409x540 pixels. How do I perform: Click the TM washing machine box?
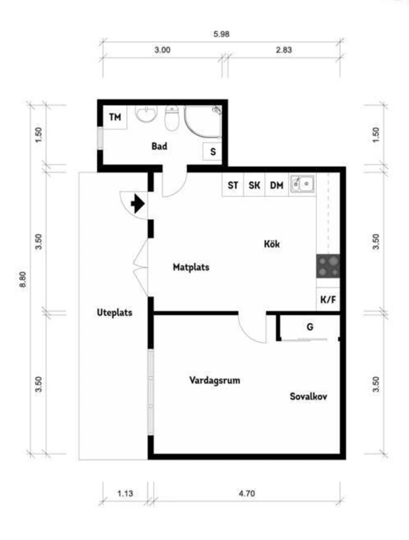(115, 117)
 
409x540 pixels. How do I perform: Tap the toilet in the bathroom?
(172, 118)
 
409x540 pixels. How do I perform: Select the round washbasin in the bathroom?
(146, 113)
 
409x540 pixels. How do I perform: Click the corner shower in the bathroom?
(203, 121)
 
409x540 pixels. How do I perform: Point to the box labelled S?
(212, 152)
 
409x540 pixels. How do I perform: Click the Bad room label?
(159, 146)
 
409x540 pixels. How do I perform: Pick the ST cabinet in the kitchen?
(233, 185)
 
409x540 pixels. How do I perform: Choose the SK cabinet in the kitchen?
(254, 185)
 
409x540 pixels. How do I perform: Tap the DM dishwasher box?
(277, 185)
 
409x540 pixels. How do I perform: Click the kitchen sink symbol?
(302, 184)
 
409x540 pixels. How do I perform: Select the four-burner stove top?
(328, 266)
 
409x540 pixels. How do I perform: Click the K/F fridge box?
(328, 300)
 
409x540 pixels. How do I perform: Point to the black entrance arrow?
(138, 204)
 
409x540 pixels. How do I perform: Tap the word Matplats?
(191, 267)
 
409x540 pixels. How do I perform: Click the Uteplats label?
(115, 312)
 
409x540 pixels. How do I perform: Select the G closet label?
(310, 327)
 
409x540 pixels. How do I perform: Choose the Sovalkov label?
(308, 396)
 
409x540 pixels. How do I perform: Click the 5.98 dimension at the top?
(221, 34)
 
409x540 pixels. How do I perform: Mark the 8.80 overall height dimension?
(23, 279)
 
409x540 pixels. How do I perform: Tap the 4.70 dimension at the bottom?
(247, 493)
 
